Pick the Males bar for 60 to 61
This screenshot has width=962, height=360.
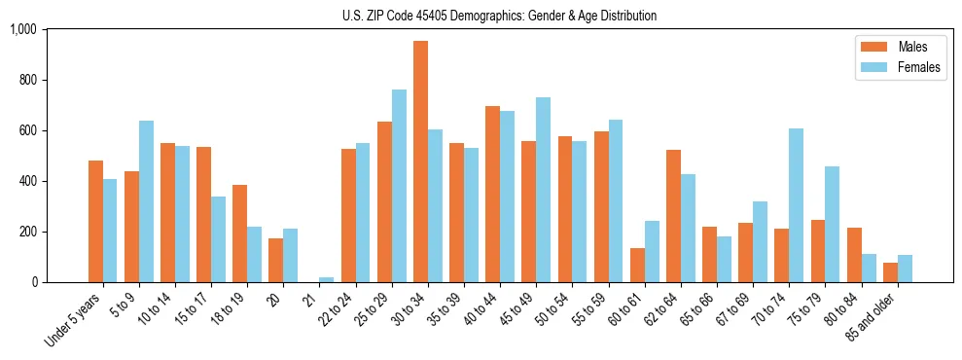[x=637, y=265]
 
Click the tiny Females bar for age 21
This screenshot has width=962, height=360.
[x=326, y=279]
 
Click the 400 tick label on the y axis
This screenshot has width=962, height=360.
[x=26, y=181]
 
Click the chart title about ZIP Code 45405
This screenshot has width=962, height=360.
[x=499, y=16]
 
